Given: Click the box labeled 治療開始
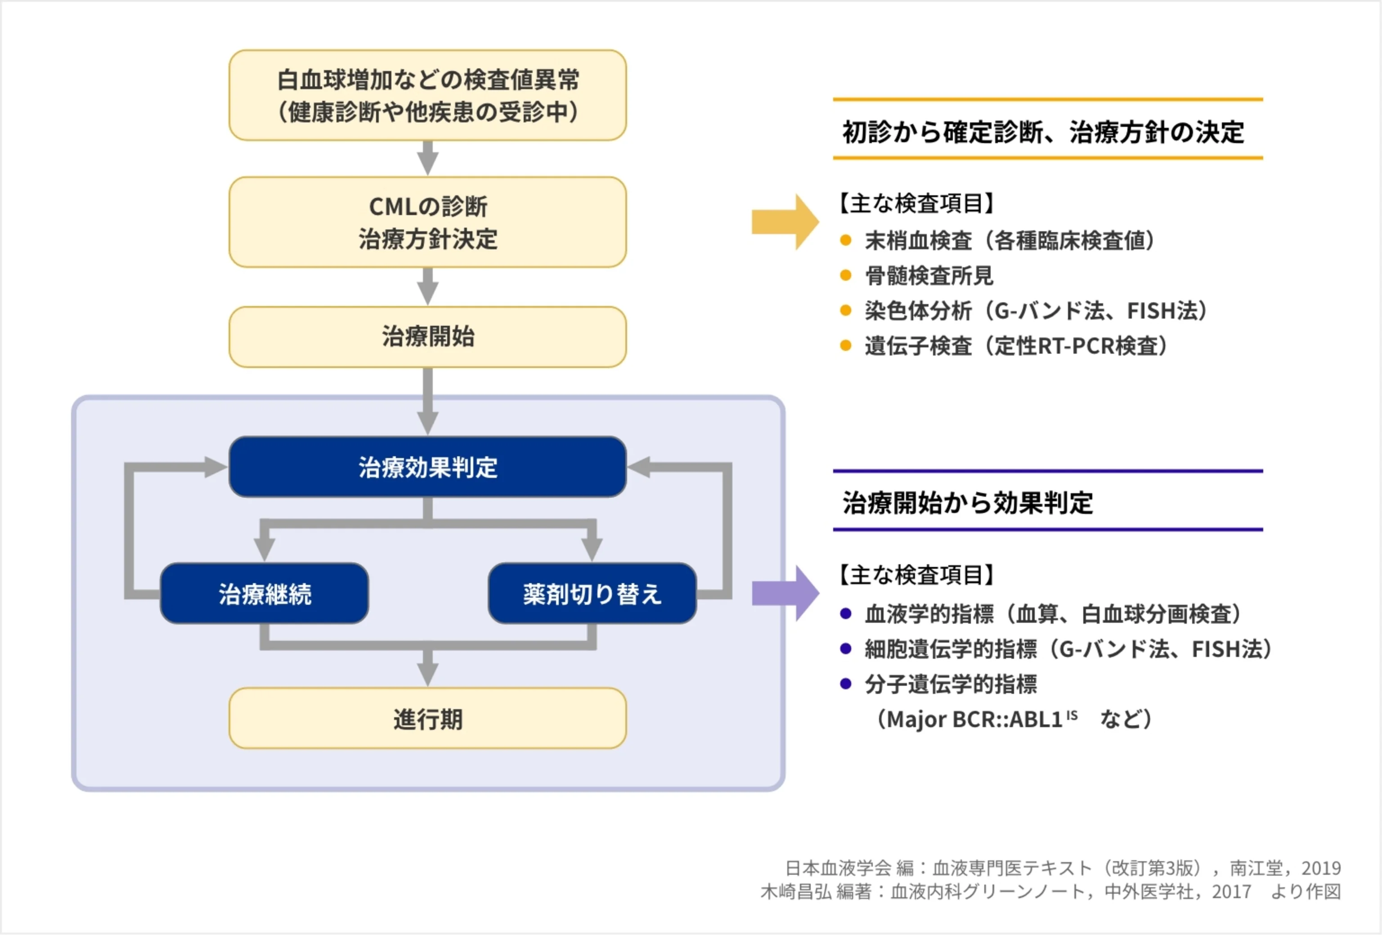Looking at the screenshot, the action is pyautogui.click(x=427, y=337).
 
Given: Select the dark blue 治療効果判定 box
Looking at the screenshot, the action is pyautogui.click(x=427, y=467).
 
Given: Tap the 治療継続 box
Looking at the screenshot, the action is pyautogui.click(x=265, y=593).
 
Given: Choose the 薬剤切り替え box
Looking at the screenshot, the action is pyautogui.click(x=592, y=593).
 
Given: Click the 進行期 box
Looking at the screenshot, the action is pyautogui.click(x=427, y=719).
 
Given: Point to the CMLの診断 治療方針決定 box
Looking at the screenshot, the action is pyautogui.click(x=427, y=222).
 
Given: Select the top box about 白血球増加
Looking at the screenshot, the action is pyautogui.click(x=427, y=95).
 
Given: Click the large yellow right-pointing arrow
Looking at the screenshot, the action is pyautogui.click(x=785, y=222).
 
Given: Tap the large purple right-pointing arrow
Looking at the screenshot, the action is pyautogui.click(x=785, y=593).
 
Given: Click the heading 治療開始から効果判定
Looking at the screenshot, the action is pyautogui.click(x=968, y=503).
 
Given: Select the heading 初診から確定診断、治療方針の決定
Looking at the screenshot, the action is pyautogui.click(x=1043, y=132).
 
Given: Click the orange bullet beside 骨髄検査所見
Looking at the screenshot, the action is pyautogui.click(x=846, y=275).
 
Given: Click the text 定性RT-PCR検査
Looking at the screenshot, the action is pyautogui.click(x=1077, y=346).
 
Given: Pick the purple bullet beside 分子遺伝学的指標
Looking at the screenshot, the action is pyautogui.click(x=846, y=683).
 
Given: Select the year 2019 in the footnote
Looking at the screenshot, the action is pyautogui.click(x=1321, y=868).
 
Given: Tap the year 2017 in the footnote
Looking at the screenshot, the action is pyautogui.click(x=1232, y=892).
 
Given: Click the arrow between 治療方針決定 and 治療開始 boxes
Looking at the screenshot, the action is pyautogui.click(x=427, y=287).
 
